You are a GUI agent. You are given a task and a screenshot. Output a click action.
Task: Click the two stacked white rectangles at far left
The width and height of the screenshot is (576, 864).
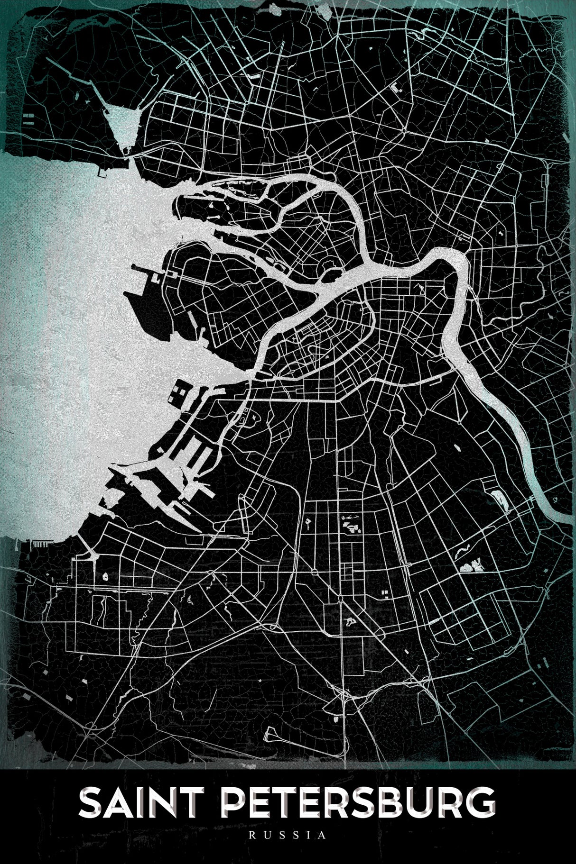26,118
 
